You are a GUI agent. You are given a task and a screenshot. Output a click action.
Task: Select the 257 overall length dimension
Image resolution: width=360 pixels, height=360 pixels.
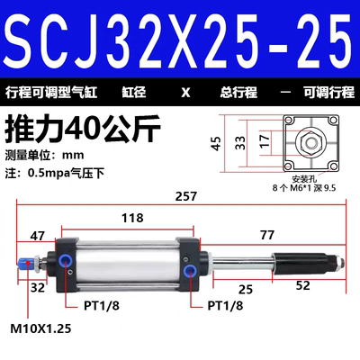[186, 194]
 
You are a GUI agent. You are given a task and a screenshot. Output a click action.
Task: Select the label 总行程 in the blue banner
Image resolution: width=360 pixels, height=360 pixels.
[239, 92]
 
